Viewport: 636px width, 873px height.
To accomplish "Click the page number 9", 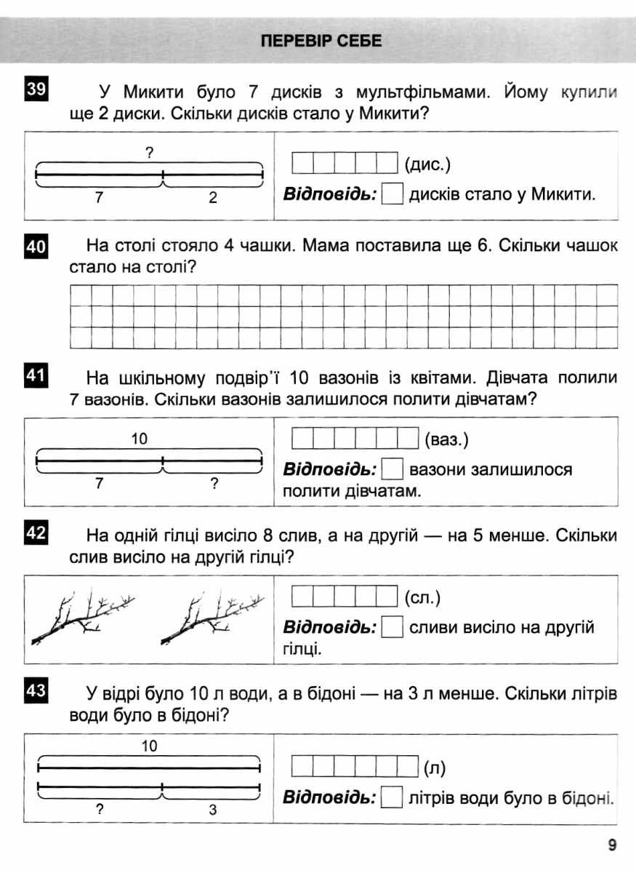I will [612, 845].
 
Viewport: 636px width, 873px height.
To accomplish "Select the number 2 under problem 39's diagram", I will [213, 198].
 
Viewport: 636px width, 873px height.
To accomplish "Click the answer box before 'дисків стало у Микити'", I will [393, 195].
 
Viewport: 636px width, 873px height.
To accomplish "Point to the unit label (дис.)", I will [427, 164].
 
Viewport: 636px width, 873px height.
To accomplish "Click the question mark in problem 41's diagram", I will [215, 483].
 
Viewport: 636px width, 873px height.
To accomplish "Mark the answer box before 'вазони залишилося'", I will [393, 469].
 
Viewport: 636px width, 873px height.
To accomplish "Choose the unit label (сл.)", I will [422, 598].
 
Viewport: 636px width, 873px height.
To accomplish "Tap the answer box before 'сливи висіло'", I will [393, 627].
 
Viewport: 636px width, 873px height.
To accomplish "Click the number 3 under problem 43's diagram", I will [213, 809].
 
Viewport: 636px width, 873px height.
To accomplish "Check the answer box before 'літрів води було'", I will [393, 798].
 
